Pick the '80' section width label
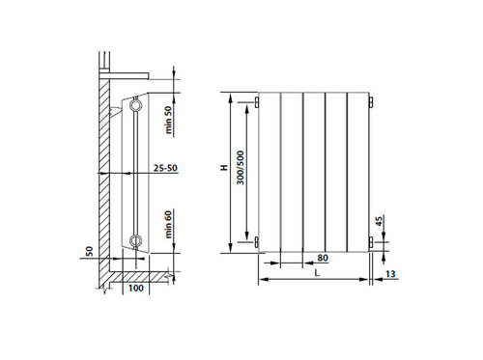click(322, 258)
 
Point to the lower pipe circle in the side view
click(139, 241)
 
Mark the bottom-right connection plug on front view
click(372, 245)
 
